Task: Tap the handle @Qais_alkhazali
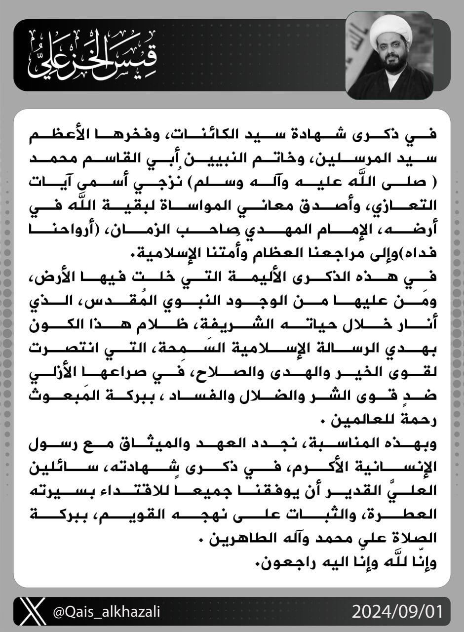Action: [x=106, y=612]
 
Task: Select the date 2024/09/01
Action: [x=397, y=612]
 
